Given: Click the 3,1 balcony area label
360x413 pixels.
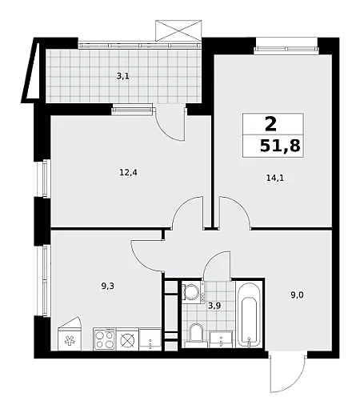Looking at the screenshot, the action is pyautogui.click(x=122, y=77).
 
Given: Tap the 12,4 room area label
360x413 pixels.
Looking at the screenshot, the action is pyautogui.click(x=128, y=173).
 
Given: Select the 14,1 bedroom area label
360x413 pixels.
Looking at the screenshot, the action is pyautogui.click(x=275, y=178).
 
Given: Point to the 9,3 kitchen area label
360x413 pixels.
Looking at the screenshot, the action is pyautogui.click(x=107, y=287).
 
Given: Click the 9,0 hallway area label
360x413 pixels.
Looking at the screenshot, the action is pyautogui.click(x=297, y=295).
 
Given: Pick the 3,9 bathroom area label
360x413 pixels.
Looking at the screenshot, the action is pyautogui.click(x=214, y=306).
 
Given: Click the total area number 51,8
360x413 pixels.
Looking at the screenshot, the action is pyautogui.click(x=280, y=146).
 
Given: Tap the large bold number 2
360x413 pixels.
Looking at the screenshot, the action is pyautogui.click(x=271, y=125).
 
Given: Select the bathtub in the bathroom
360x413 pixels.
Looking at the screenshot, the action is pyautogui.click(x=249, y=315).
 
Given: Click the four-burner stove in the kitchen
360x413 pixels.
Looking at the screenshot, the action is pyautogui.click(x=105, y=339).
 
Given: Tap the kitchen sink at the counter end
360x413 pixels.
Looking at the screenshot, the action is pyautogui.click(x=150, y=339).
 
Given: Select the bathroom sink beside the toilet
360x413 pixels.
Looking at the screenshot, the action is pyautogui.click(x=221, y=339).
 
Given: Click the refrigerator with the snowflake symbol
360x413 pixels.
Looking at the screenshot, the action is pyautogui.click(x=70, y=334).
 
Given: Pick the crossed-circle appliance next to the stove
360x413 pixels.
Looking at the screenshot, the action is pyautogui.click(x=127, y=339).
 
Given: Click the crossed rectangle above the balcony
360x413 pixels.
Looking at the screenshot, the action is pyautogui.click(x=178, y=30).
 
